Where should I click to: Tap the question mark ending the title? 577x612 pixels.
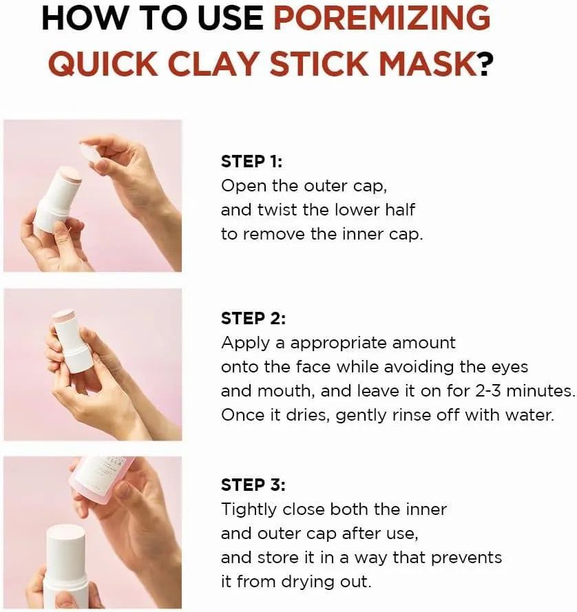(486, 65)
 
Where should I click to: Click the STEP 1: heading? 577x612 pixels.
(251, 162)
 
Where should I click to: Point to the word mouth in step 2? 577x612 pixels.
(285, 392)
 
